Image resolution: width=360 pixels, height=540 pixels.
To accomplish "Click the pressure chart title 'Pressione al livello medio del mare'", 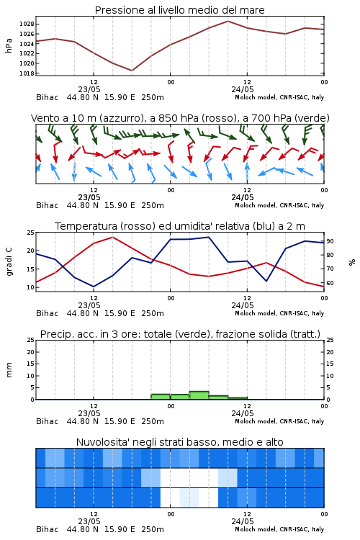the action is tap(179, 10).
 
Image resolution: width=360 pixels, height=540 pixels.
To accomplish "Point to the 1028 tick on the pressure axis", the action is tap(27, 24).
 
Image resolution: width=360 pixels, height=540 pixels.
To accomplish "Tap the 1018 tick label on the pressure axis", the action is tap(27, 73).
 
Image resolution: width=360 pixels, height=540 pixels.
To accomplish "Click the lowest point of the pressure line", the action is tap(132, 71).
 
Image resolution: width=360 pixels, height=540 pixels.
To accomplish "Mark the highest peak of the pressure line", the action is tap(228, 21).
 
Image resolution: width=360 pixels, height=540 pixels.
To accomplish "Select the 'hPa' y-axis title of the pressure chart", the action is tap(9, 45).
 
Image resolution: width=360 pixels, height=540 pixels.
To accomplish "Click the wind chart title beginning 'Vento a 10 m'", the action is tap(180, 118).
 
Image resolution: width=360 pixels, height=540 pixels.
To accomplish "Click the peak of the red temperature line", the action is tap(112, 237).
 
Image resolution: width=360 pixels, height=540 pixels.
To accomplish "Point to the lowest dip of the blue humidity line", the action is tap(94, 287).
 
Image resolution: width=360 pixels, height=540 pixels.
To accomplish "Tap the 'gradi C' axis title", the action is tap(9, 261).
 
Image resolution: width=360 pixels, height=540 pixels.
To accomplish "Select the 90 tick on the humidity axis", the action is tap(330, 241).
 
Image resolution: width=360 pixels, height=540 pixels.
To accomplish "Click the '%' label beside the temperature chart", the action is tap(352, 262).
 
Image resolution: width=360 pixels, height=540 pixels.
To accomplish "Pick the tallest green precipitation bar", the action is tap(199, 395).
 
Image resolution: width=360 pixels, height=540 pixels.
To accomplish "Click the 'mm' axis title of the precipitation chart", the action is tap(9, 369).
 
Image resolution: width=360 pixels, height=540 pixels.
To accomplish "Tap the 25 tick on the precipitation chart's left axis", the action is tap(31, 340).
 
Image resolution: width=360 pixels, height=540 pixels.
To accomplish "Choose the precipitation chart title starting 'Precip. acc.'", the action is tap(180, 334).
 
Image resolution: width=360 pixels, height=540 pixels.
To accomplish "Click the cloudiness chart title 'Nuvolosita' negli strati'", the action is tap(179, 442).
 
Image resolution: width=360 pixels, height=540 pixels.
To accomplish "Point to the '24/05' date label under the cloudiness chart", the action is tap(243, 521).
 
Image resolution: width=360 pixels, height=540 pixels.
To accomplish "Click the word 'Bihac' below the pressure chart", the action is tap(47, 97).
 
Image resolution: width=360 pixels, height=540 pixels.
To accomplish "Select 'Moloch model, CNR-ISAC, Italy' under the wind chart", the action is tap(279, 205).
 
